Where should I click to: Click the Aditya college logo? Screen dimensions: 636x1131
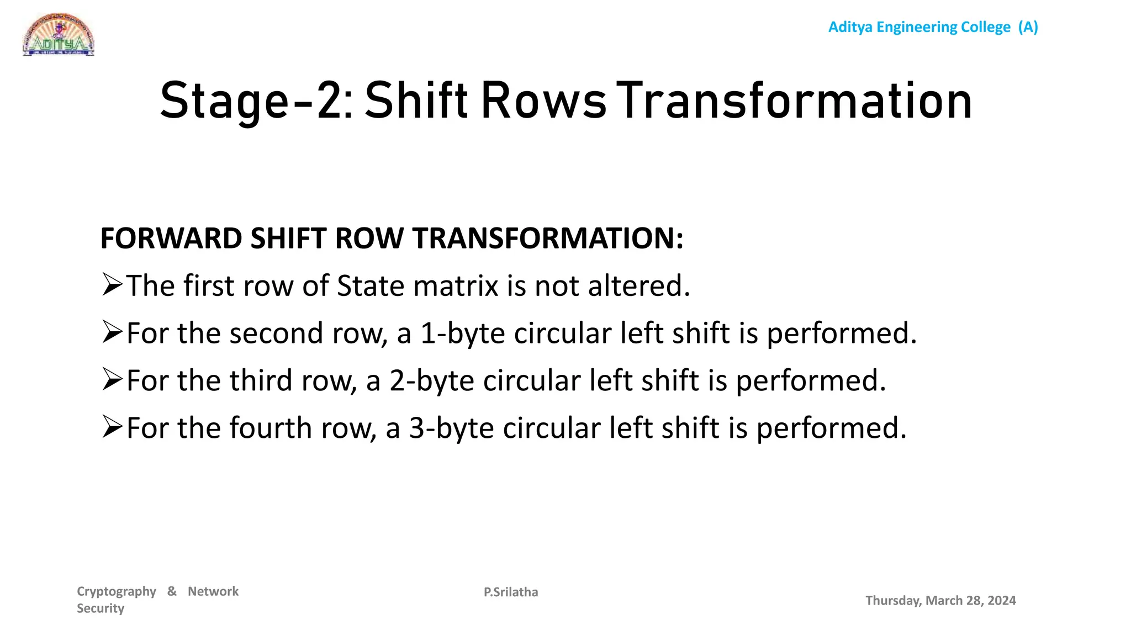[x=59, y=35]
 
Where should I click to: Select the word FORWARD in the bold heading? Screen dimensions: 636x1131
[x=171, y=239]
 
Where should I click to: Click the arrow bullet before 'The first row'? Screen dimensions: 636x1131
[x=112, y=285]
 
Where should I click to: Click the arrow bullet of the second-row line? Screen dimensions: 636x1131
[x=112, y=332]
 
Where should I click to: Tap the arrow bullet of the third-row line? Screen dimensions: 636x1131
[x=112, y=380]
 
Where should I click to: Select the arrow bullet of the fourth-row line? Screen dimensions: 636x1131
[x=112, y=427]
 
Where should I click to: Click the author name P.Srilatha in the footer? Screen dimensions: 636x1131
[x=511, y=592]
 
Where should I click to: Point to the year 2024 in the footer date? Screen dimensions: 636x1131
[x=1002, y=601]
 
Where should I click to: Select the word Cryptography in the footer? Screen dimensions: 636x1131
[x=117, y=592]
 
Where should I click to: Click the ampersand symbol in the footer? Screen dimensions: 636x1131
[x=172, y=591]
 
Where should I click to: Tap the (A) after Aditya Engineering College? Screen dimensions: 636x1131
[x=1028, y=27]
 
